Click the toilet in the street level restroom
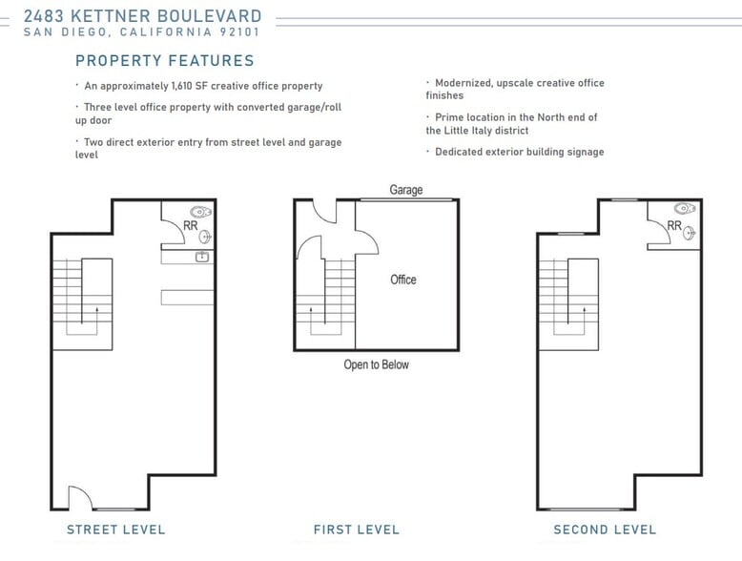[x=200, y=212]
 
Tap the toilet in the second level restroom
[x=685, y=208]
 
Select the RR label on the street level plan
[x=190, y=226]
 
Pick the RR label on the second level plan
[x=674, y=226]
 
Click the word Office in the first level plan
[x=403, y=280]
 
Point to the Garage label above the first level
[x=406, y=190]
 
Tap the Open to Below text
[x=376, y=364]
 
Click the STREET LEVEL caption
[x=116, y=530]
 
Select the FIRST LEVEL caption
[x=357, y=530]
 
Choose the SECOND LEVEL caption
[x=605, y=530]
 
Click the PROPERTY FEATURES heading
[x=165, y=61]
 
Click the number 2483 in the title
[x=44, y=16]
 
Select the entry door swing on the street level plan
[x=80, y=496]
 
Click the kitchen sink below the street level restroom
[x=202, y=257]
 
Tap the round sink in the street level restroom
[x=205, y=237]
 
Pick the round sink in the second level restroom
[x=689, y=233]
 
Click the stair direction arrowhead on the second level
[x=584, y=310]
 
